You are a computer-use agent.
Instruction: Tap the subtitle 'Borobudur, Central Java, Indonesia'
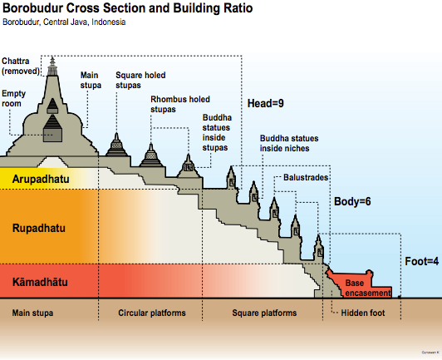[66, 22]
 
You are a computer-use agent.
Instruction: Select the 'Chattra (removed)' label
[19, 66]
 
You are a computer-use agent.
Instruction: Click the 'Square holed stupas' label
[140, 80]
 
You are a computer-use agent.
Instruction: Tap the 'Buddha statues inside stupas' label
[217, 132]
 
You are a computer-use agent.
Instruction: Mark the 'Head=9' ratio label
[266, 104]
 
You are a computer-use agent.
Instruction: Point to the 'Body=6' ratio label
[351, 201]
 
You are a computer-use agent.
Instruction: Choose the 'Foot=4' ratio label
[420, 262]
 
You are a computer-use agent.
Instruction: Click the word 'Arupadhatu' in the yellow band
[41, 179]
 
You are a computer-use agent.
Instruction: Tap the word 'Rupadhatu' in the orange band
[38, 226]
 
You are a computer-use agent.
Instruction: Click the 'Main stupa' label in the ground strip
[32, 313]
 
